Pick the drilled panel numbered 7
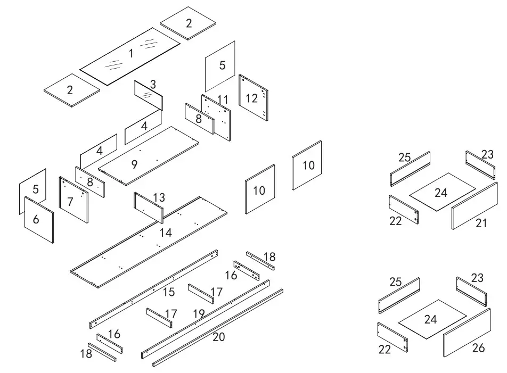pos(73,200)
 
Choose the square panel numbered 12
pos(253,98)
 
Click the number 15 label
pos(168,292)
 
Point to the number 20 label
pos(219,336)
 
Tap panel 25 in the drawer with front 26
pos(399,295)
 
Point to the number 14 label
pos(166,233)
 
